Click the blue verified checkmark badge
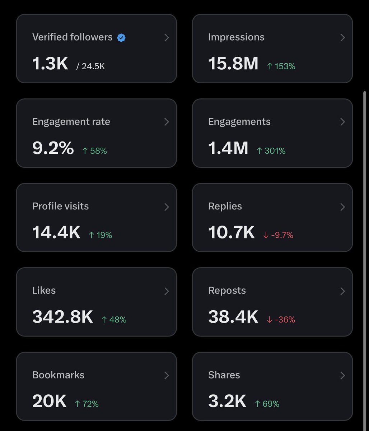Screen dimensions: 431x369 [121, 37]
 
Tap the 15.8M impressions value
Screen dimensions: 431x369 [233, 64]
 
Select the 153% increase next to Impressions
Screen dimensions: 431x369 [281, 66]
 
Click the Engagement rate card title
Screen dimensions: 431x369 [71, 122]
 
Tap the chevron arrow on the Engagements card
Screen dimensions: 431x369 [342, 122]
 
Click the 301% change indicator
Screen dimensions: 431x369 [271, 151]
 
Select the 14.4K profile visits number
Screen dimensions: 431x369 [56, 232]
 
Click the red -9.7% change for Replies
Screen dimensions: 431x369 [278, 235]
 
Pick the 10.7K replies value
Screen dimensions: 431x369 [231, 232]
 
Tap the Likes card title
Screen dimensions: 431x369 [44, 290]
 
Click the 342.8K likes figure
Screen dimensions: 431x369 [62, 317]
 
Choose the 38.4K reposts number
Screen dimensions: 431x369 [233, 317]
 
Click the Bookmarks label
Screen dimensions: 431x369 [58, 375]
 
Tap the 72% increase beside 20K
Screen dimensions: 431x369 [87, 404]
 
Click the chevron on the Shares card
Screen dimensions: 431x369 [342, 376]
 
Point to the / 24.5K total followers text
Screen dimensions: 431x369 [90, 66]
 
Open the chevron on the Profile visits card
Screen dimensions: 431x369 [167, 207]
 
